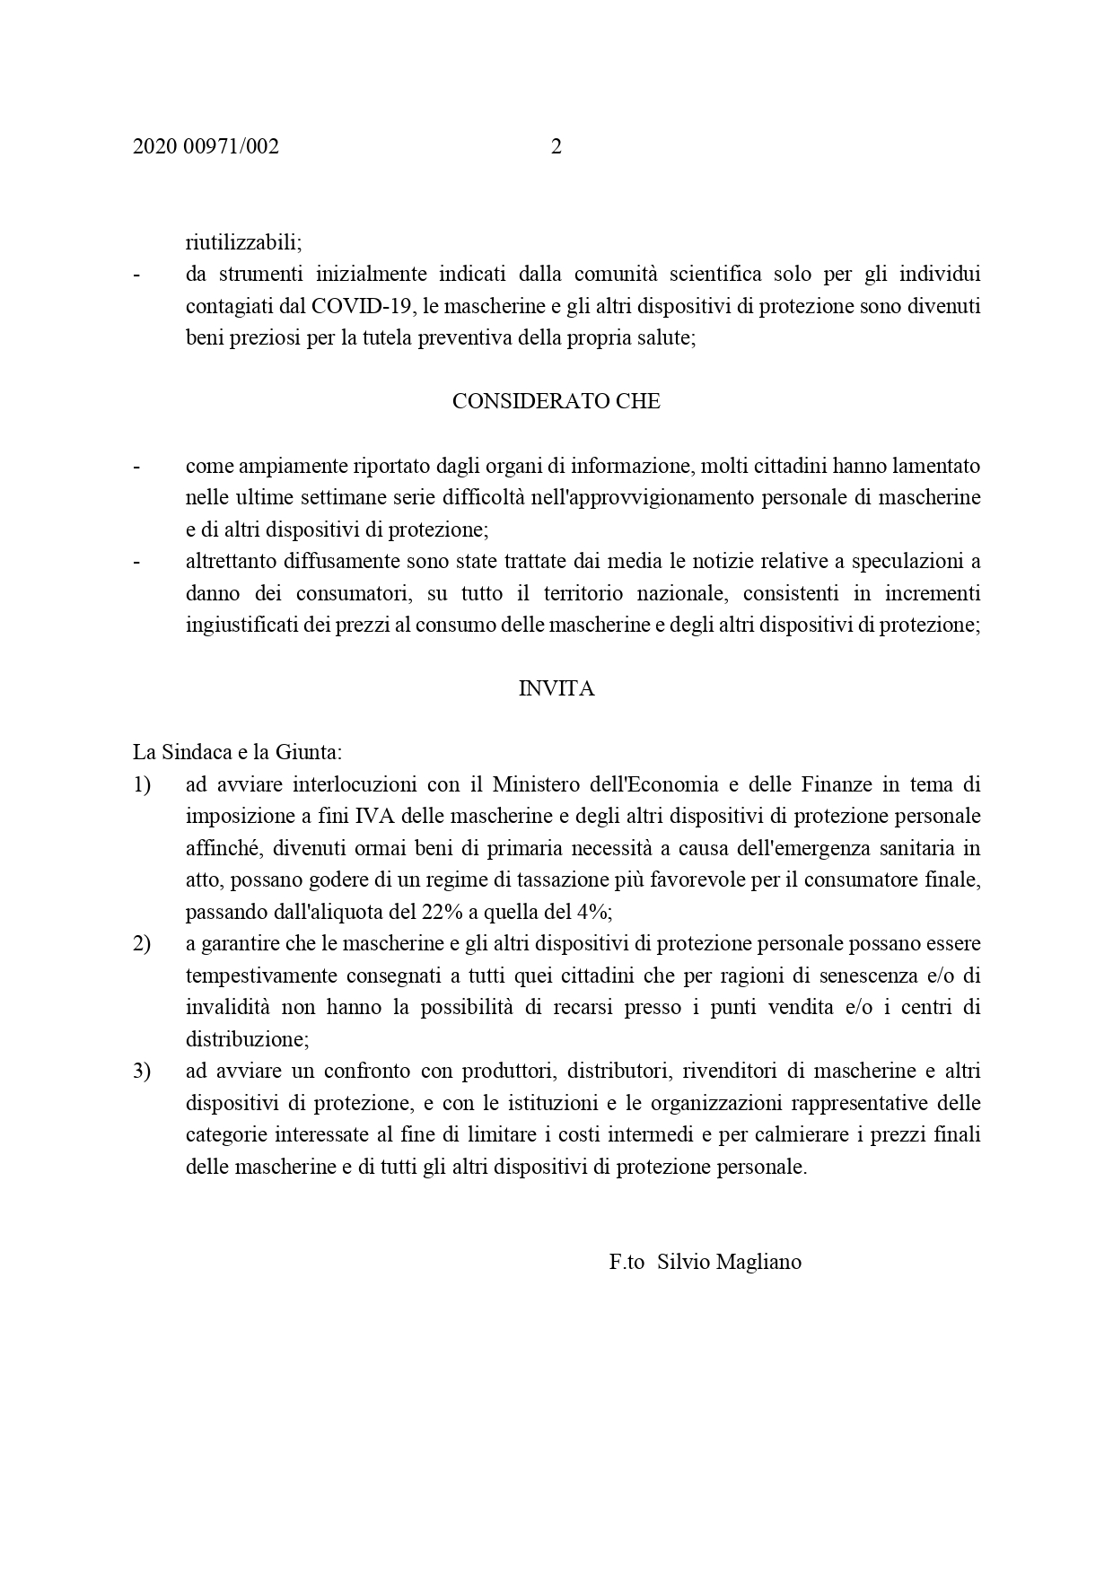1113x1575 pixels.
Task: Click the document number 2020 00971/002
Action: point(206,147)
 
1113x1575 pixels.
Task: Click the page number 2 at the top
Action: point(556,147)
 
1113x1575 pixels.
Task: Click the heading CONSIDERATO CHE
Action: point(556,402)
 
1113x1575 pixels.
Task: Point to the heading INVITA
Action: point(556,689)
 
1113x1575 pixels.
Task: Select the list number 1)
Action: point(142,784)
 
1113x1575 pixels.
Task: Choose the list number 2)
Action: point(142,944)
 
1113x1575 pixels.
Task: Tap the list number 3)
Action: point(142,1072)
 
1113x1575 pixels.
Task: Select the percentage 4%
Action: point(593,913)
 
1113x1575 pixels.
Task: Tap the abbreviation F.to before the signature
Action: point(627,1262)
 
